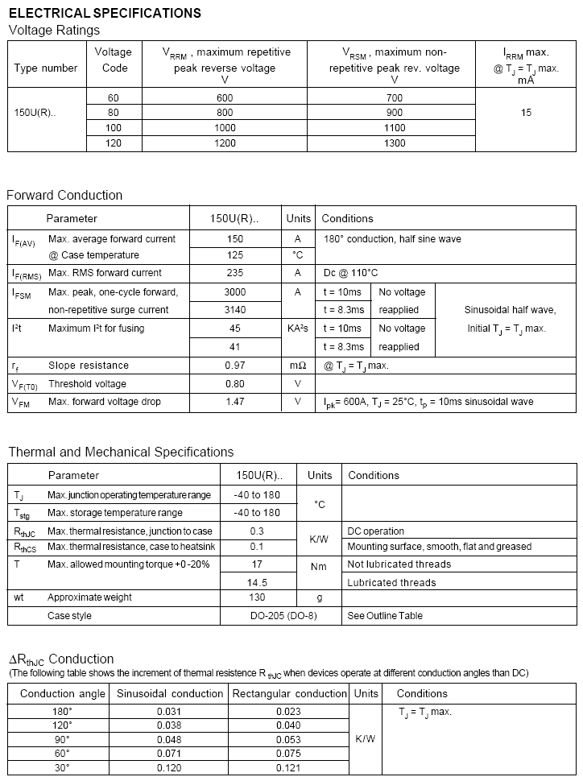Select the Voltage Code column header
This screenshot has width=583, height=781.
114,60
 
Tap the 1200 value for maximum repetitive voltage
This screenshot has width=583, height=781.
225,143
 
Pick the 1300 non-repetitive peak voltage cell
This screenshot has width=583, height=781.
395,143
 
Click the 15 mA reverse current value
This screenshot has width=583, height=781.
526,113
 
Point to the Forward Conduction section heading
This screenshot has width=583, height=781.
64,195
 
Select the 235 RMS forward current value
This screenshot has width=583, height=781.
235,273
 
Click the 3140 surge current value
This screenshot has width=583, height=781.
235,309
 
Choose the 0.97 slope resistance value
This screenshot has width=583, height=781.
235,366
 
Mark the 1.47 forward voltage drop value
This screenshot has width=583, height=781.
235,402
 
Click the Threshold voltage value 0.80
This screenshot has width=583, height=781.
235,384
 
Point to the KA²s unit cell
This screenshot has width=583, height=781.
298,329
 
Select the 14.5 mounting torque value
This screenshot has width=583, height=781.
258,582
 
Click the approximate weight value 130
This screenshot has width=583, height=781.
258,597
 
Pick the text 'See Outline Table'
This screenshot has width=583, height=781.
385,616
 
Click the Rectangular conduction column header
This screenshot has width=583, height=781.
289,693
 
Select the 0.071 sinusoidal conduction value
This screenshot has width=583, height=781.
169,754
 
